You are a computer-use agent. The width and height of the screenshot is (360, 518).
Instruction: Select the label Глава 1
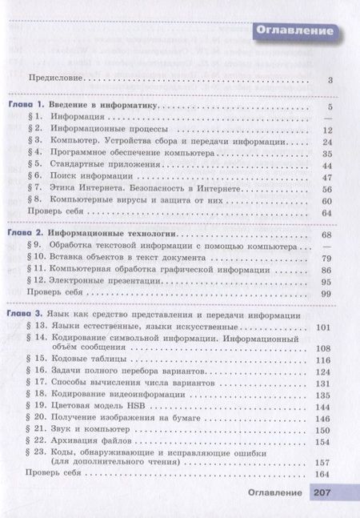[24, 106]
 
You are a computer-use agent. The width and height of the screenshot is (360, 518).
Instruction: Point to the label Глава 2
[24, 233]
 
